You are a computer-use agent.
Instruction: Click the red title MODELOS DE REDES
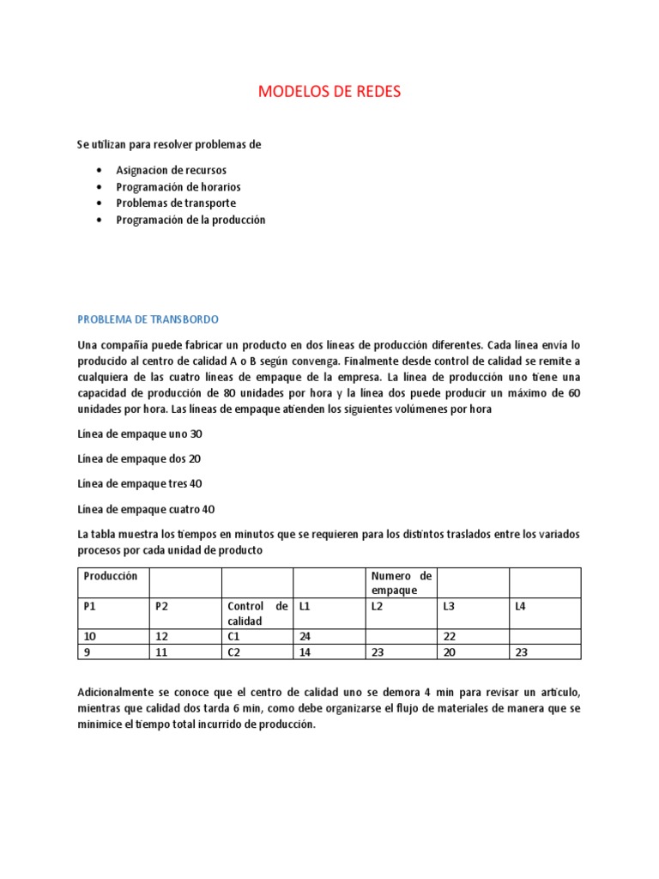coord(329,92)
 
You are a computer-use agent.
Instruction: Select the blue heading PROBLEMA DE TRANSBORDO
coord(148,319)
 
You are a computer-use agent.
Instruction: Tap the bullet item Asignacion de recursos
coord(172,170)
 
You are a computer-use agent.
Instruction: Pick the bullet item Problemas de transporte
coord(176,203)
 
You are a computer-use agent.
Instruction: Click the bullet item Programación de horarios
coord(178,187)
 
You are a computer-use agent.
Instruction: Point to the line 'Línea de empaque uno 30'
coord(140,434)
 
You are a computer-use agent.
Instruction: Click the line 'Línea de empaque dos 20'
coord(140,459)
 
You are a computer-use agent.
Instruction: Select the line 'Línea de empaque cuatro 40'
coord(145,509)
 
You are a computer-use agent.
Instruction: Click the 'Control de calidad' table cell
coord(257,613)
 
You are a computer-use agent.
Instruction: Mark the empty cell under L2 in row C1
coord(401,636)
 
